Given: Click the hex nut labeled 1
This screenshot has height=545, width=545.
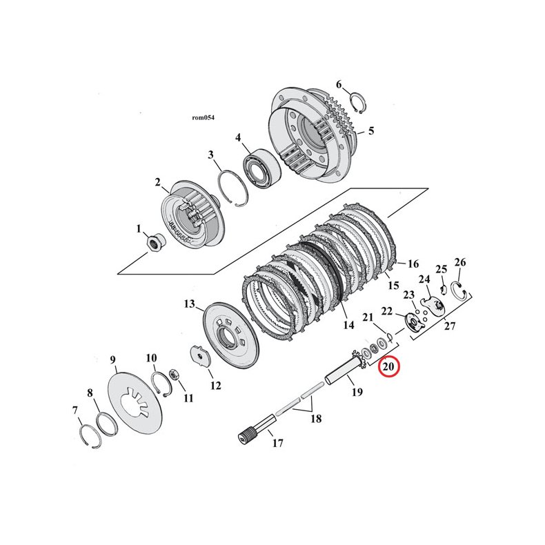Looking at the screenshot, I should coord(155,242).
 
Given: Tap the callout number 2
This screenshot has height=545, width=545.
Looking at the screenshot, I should coord(157,182).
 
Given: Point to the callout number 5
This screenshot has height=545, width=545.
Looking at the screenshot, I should coord(370,130).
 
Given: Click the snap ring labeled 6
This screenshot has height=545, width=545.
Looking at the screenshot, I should coord(357,102).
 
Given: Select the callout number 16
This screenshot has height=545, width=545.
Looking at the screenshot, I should coord(413,264).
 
